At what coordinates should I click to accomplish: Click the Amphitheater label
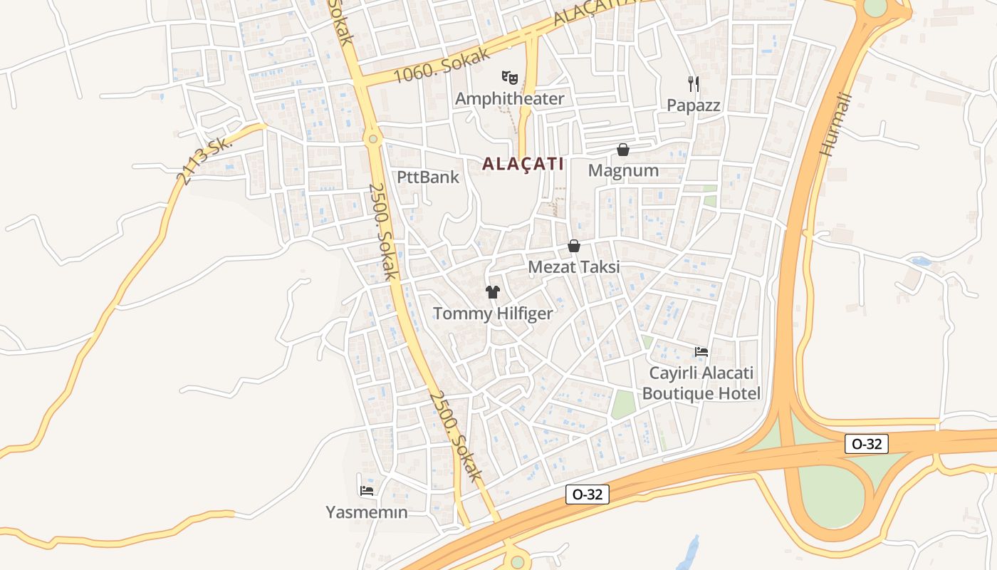(509, 99)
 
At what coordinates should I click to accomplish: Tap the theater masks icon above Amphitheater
(508, 76)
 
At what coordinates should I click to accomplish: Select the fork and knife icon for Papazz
(694, 84)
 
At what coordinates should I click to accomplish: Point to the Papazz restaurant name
(694, 105)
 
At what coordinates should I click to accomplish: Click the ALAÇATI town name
(523, 164)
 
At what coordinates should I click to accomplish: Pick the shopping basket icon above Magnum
(623, 150)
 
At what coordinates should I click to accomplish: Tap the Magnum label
(623, 171)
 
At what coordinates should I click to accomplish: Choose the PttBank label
(428, 177)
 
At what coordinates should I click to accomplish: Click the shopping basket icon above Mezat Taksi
(574, 246)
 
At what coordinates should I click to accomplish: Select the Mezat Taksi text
(574, 267)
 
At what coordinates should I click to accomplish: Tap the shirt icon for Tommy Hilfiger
(493, 291)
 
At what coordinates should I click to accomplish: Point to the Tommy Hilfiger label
(493, 313)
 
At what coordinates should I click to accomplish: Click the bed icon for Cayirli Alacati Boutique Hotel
(701, 351)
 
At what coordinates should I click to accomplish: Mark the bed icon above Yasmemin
(367, 490)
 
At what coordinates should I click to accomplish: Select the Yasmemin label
(367, 512)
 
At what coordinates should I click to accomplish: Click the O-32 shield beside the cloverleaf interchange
(867, 444)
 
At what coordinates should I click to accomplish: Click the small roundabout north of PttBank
(372, 139)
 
